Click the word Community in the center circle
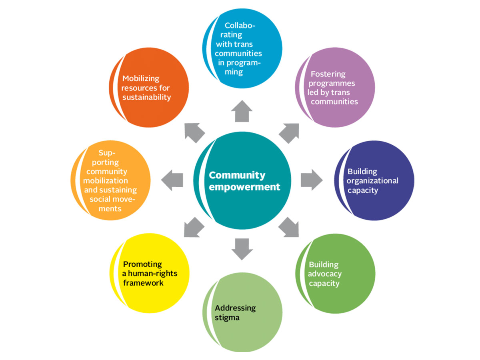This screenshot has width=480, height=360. pyautogui.click(x=237, y=175)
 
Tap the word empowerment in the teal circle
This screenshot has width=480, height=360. pyautogui.click(x=244, y=187)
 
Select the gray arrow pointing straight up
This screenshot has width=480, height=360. pyautogui.click(x=242, y=111)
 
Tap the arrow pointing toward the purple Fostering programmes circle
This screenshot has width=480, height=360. pyautogui.click(x=290, y=132)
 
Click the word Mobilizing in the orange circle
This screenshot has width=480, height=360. pyautogui.click(x=141, y=78)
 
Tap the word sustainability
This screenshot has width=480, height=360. pyautogui.click(x=146, y=97)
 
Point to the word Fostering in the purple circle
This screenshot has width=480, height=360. pyautogui.click(x=328, y=74)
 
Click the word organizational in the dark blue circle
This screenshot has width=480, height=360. pyautogui.click(x=373, y=181)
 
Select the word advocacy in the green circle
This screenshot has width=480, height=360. pyautogui.click(x=325, y=274)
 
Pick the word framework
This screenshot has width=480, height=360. pyautogui.click(x=143, y=283)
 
